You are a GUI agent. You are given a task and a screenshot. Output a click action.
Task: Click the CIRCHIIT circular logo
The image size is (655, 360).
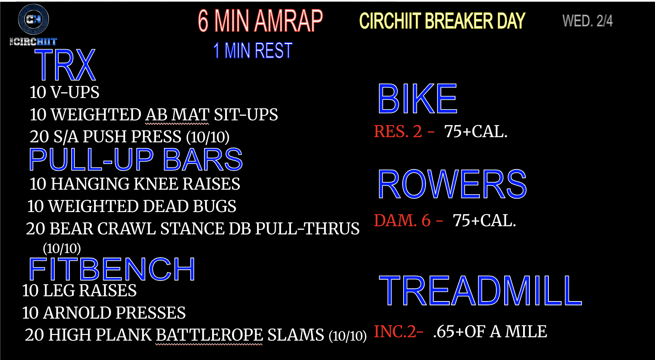click(34, 19)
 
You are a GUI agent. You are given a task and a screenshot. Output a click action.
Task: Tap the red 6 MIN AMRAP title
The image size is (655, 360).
click(260, 21)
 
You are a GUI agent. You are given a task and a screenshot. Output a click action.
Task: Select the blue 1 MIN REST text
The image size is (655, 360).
click(253, 51)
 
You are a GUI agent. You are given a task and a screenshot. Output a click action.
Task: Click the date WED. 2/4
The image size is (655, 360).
click(588, 21)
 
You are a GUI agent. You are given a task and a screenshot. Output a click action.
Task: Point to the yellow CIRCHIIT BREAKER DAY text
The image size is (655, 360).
click(442, 21)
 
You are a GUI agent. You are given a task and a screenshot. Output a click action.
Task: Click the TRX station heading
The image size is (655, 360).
click(65, 65)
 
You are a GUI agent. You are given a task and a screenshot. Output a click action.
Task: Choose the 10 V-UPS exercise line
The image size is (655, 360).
click(64, 92)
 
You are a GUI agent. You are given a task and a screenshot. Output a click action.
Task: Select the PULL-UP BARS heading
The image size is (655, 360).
click(136, 160)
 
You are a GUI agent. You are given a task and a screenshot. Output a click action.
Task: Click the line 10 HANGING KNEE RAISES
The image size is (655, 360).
click(135, 184)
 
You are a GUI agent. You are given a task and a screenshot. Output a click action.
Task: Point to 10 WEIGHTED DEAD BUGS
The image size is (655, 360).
click(132, 206)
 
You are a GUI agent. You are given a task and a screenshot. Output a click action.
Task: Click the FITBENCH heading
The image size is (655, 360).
click(112, 269)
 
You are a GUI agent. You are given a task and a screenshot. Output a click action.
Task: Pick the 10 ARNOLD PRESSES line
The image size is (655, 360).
click(104, 313)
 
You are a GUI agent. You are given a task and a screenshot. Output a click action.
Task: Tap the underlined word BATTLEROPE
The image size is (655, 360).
click(209, 335)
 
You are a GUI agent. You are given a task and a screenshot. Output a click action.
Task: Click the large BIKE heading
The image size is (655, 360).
click(417, 99)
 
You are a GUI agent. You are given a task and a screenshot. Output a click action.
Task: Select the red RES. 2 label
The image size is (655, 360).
click(398, 132)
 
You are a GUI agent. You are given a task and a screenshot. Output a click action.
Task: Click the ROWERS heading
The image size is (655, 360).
click(452, 184)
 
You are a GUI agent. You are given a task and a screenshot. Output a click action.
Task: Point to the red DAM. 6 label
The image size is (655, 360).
click(402, 221)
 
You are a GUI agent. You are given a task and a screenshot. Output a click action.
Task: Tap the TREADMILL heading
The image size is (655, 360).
click(480, 291)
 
